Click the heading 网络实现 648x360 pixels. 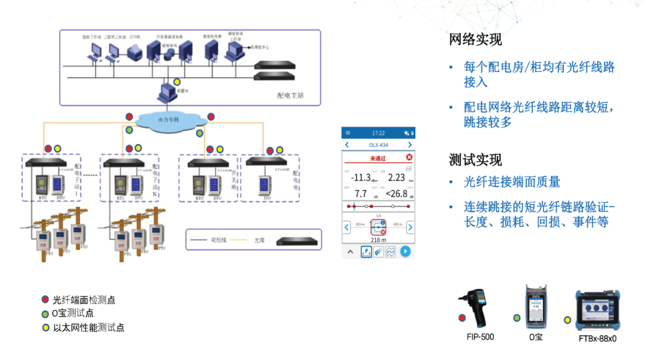click(x=475, y=40)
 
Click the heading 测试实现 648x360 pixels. click(x=475, y=160)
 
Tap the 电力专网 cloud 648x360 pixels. click(x=169, y=120)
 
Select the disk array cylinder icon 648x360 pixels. click(x=170, y=55)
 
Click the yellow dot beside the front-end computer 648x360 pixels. click(x=177, y=82)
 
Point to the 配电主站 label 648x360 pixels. click(x=290, y=95)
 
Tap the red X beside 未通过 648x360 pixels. click(x=409, y=158)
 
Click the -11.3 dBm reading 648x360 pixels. click(x=361, y=178)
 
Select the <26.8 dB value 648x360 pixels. click(x=396, y=194)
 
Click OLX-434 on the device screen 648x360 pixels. click(x=378, y=145)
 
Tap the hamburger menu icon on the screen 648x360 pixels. click(x=347, y=133)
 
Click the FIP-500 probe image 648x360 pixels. click(x=480, y=307)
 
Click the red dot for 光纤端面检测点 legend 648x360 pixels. click(x=45, y=299)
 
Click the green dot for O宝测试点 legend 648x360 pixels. click(x=45, y=313)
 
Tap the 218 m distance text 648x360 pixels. click(x=378, y=240)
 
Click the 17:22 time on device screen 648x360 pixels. click(x=378, y=133)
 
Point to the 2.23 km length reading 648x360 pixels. click(x=396, y=178)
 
